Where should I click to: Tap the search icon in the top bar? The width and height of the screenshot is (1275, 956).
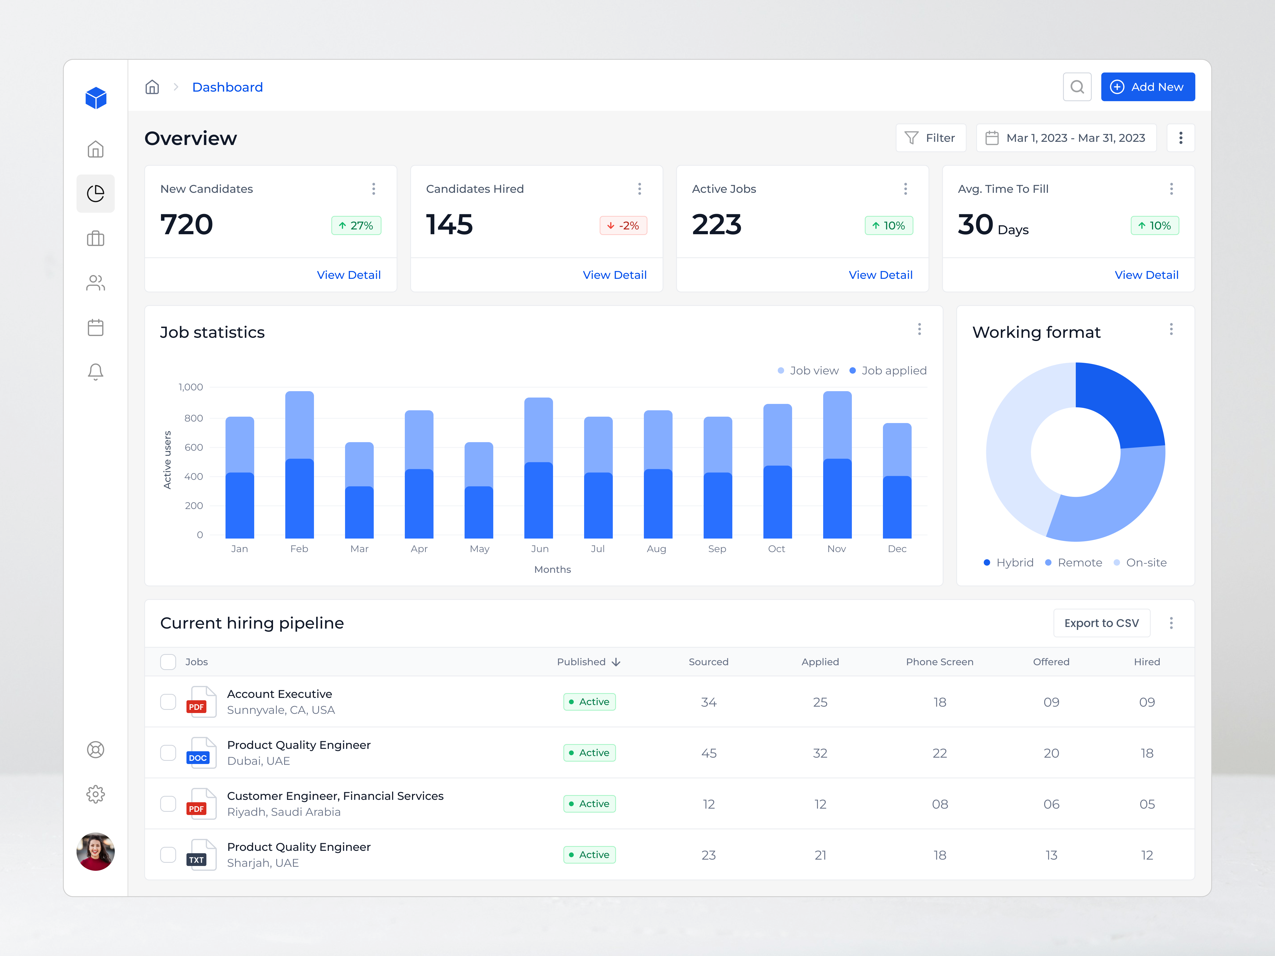(x=1077, y=87)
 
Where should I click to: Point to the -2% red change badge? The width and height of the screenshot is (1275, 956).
(x=623, y=225)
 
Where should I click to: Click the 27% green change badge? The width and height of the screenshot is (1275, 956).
(x=356, y=225)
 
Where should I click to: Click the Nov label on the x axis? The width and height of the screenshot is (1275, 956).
(x=836, y=549)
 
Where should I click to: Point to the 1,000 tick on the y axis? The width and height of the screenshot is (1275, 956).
(x=191, y=387)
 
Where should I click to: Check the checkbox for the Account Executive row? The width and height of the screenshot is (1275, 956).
(x=168, y=702)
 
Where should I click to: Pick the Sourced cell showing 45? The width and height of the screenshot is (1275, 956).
(x=708, y=753)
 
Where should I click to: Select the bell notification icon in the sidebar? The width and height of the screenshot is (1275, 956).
(x=96, y=372)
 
